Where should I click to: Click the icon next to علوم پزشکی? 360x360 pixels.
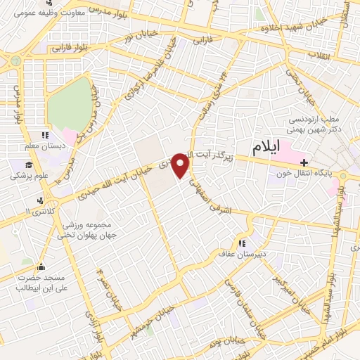15,166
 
